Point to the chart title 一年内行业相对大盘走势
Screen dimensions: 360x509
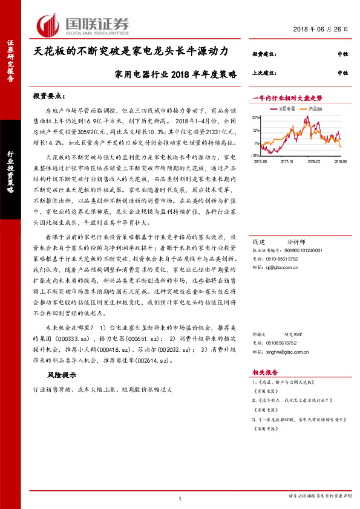click(287, 97)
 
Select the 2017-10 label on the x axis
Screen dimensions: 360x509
click(287, 161)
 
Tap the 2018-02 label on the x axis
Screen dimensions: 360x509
click(313, 161)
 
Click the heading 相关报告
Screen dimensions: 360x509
click(264, 373)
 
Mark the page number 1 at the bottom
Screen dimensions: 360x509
click(180, 498)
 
